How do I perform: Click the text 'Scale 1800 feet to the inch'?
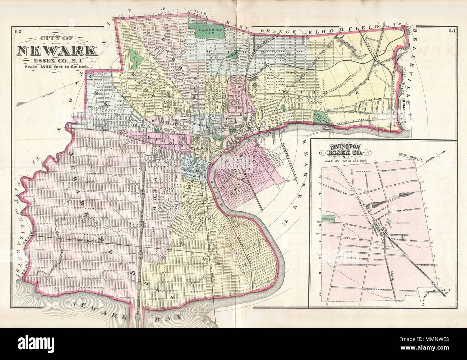[x=56, y=66]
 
